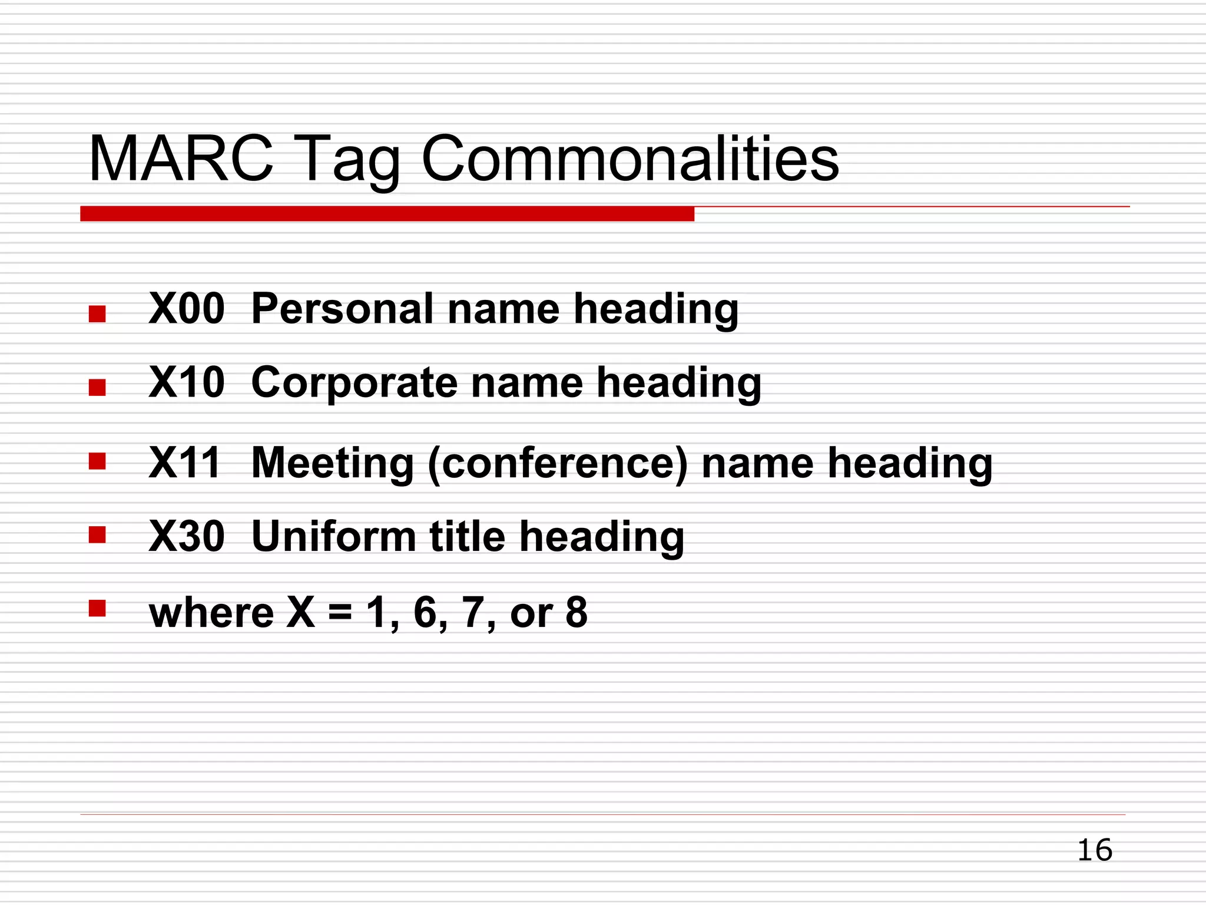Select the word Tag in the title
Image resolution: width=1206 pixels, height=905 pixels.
coord(351,162)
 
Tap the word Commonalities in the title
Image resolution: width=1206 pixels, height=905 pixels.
coord(630,159)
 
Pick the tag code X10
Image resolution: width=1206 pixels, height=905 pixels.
coord(187,382)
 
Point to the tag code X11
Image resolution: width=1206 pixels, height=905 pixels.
coord(184,463)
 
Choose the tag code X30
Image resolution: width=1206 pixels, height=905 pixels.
coord(187,536)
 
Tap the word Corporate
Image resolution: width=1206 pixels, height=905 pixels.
coord(354,382)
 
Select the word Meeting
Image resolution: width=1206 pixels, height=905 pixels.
coord(333,463)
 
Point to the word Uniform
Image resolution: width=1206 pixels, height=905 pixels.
coord(333,536)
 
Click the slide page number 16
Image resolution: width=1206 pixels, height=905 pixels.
coord(1095,850)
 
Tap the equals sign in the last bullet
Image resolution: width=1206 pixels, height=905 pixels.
coord(340,613)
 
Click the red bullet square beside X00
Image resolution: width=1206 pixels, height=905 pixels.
coord(97,313)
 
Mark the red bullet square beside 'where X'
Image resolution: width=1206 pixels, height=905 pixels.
coord(97,608)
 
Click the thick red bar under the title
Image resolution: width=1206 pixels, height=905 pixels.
coord(387,214)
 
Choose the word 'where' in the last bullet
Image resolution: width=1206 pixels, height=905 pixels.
coord(211,613)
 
